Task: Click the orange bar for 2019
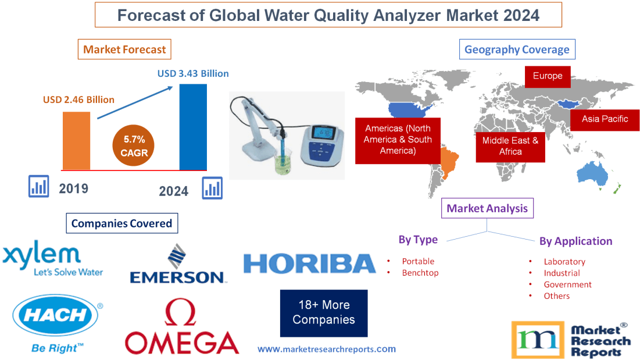tap(77, 140)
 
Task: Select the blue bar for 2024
tap(193, 127)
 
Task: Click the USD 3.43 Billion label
tap(193, 74)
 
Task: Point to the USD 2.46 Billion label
tap(78, 99)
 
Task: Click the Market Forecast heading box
tap(124, 49)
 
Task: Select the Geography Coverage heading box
tap(517, 49)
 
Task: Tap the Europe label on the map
tap(547, 76)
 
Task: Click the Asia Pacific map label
tap(605, 119)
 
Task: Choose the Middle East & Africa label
tap(510, 146)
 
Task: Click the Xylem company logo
tap(52, 260)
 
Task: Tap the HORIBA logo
tap(310, 264)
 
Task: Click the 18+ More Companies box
tap(324, 313)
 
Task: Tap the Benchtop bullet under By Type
tap(420, 273)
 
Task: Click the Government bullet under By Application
tap(567, 284)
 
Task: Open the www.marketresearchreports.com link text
tap(326, 349)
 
